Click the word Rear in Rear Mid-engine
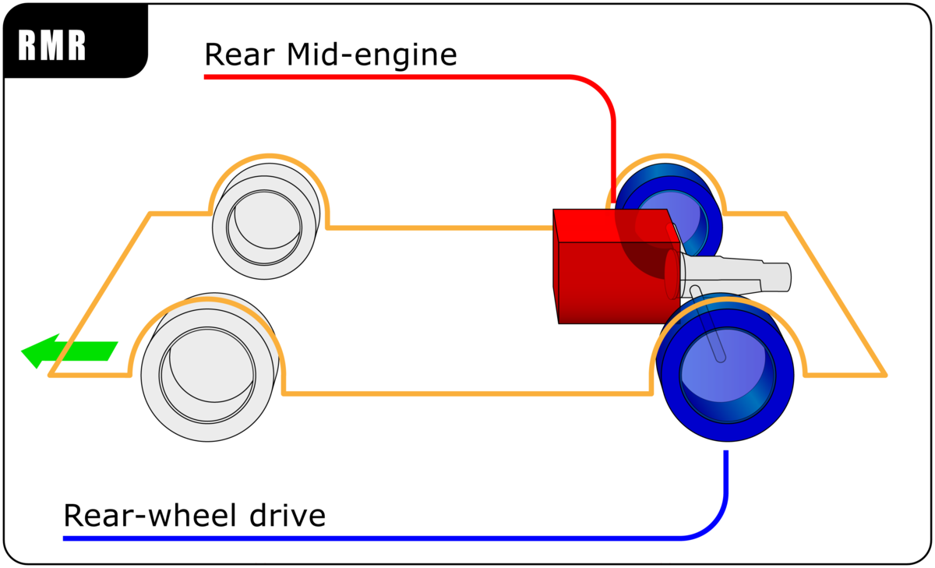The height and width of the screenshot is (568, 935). [x=235, y=55]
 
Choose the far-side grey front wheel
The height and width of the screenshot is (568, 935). [x=265, y=226]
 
